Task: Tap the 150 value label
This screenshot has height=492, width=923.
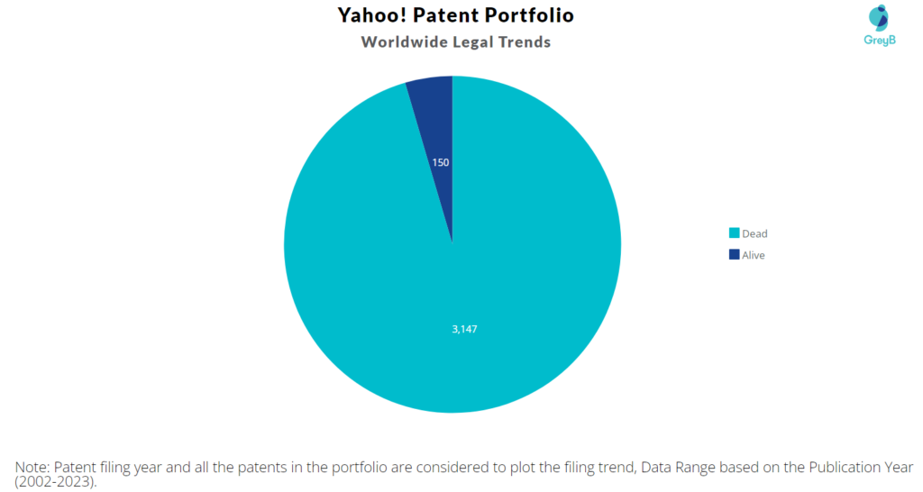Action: click(x=440, y=163)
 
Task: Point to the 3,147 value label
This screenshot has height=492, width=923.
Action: click(x=464, y=329)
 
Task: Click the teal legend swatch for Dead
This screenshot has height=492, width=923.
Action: click(x=734, y=233)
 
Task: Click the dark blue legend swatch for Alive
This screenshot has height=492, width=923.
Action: click(x=734, y=255)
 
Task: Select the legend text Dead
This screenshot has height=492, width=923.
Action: click(x=754, y=233)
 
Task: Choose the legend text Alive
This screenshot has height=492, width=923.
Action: click(x=754, y=255)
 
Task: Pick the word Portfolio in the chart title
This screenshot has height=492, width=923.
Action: click(x=529, y=15)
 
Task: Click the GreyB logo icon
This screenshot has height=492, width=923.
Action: click(x=879, y=16)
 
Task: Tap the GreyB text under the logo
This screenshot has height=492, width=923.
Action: click(x=879, y=40)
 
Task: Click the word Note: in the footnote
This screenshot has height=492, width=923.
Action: click(x=33, y=467)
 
